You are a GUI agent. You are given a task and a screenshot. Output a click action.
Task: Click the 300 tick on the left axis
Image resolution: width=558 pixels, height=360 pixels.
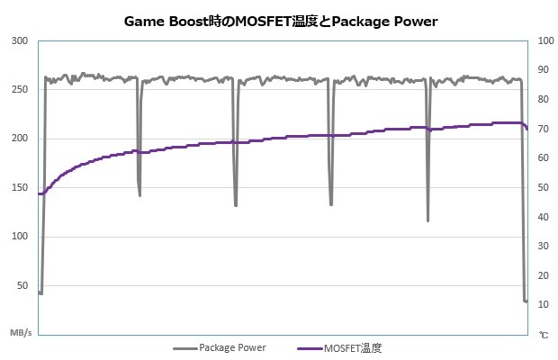tap(20, 41)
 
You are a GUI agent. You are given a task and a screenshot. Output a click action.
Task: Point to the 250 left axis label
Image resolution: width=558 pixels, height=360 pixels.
tap(20, 90)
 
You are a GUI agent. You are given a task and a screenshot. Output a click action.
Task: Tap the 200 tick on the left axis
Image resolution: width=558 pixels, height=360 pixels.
tap(20, 139)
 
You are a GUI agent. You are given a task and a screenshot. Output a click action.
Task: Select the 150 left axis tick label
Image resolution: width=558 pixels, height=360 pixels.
tap(20, 187)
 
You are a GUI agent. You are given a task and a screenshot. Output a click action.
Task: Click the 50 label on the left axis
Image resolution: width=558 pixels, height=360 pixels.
tap(22, 284)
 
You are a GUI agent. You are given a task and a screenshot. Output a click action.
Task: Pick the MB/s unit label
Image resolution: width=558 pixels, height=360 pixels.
tap(21, 333)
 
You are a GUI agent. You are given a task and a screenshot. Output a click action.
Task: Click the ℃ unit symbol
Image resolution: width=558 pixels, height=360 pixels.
tap(543, 334)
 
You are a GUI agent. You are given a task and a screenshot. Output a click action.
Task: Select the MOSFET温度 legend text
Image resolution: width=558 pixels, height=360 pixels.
tap(357, 347)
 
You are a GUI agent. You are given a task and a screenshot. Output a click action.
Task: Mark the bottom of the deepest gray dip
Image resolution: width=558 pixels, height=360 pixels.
tap(427, 220)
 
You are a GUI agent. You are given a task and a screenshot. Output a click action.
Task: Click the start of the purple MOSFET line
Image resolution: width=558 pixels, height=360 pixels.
tap(39, 193)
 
